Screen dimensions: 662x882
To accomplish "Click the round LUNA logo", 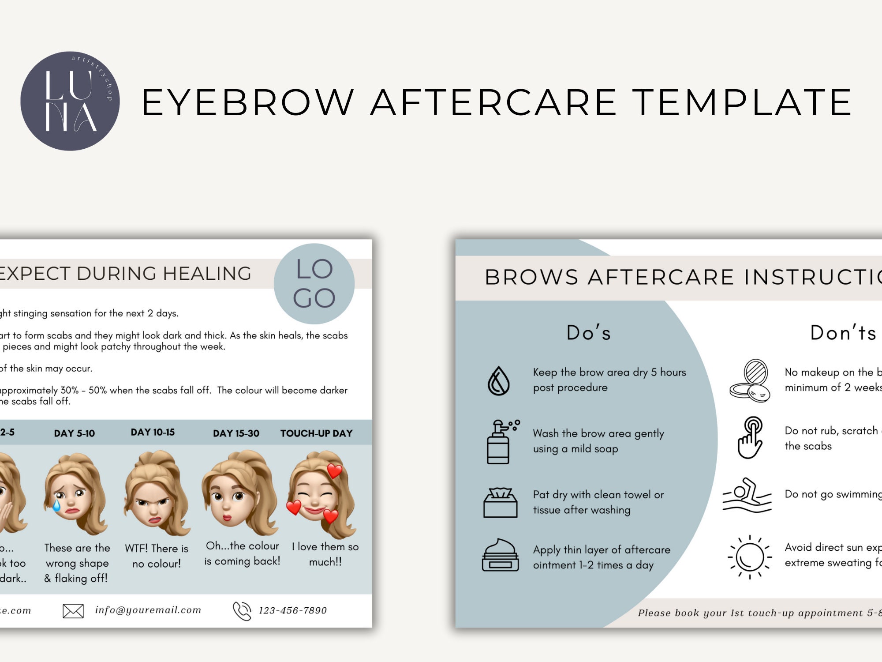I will point(70,101).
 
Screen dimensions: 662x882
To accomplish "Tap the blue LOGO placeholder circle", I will point(314,284).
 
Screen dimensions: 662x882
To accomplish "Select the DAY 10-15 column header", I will point(153,433).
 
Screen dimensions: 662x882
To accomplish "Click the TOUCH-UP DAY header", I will point(316,433).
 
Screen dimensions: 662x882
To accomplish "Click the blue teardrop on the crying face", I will point(56,504).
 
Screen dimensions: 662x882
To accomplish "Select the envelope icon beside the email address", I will point(73,611).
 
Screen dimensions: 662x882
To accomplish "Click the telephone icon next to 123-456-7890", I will point(242,611).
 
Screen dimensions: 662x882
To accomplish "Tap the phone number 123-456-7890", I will point(293,611).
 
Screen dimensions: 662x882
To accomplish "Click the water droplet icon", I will point(498,380).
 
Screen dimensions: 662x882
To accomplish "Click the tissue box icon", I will point(500,503).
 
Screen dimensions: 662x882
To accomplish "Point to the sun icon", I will point(749,557).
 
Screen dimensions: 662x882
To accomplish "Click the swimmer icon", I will point(747,496).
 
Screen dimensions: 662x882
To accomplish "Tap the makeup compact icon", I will point(750,380).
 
